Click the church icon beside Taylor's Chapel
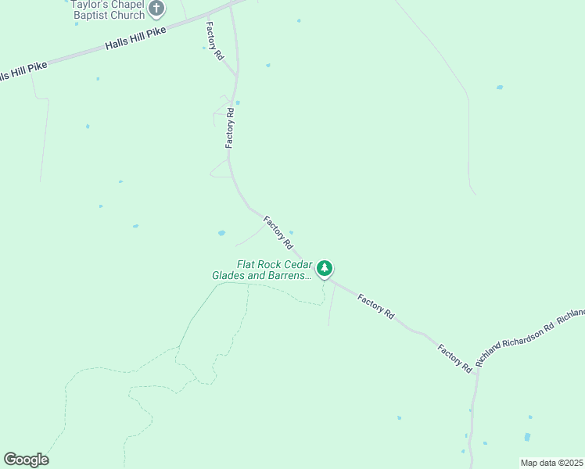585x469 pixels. point(156,9)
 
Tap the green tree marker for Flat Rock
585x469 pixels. point(324,269)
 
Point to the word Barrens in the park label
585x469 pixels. point(292,275)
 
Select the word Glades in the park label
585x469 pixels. point(228,275)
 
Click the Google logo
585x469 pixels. point(26,460)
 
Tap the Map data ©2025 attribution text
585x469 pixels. point(551,463)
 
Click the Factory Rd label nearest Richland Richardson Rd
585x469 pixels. point(455,357)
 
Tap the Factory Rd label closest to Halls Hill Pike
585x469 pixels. point(215,41)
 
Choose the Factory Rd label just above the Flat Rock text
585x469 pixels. point(278,232)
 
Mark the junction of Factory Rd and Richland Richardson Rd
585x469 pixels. point(476,372)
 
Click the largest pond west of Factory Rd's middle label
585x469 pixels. point(221,233)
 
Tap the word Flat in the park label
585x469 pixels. point(247,265)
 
